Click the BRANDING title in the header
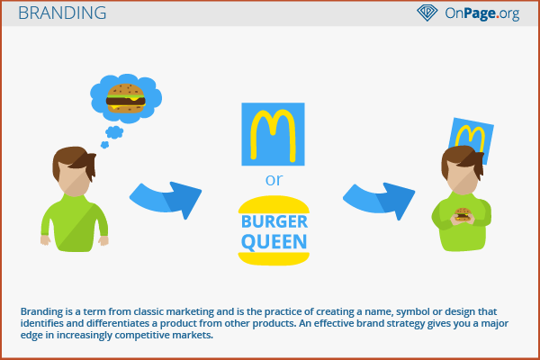(x=62, y=13)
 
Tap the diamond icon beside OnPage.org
(x=427, y=13)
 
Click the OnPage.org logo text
(x=482, y=13)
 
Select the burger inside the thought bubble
(x=126, y=98)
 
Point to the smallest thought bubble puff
(x=104, y=145)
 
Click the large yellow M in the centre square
(x=273, y=135)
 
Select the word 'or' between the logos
(x=274, y=180)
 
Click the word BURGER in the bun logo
(x=274, y=221)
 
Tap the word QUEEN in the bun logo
(x=274, y=241)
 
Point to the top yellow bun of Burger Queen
(x=274, y=204)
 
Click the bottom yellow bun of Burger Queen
(x=274, y=258)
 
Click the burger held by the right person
(x=463, y=214)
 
